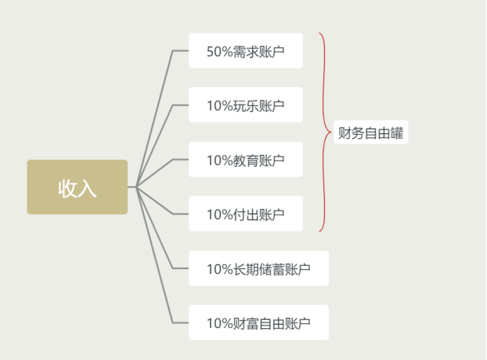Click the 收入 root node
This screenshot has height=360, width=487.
point(77,187)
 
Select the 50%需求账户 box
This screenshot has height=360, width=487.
point(246,50)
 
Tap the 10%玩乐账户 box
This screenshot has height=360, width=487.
point(246,105)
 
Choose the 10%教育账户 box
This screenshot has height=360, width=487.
point(246,160)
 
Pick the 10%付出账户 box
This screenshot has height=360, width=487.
point(246,214)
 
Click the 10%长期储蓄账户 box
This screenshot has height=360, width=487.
point(259,268)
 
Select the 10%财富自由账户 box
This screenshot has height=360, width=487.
point(259,322)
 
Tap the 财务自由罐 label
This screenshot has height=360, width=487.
point(371,133)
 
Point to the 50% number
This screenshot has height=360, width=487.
point(220,52)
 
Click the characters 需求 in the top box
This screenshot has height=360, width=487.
point(245,52)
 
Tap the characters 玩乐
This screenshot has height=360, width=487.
point(245,105)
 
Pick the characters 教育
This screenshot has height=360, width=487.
point(245,160)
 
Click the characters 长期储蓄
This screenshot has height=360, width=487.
point(259,269)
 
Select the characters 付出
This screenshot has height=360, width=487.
point(245,215)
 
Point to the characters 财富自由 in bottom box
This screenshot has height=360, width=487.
point(259,323)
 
